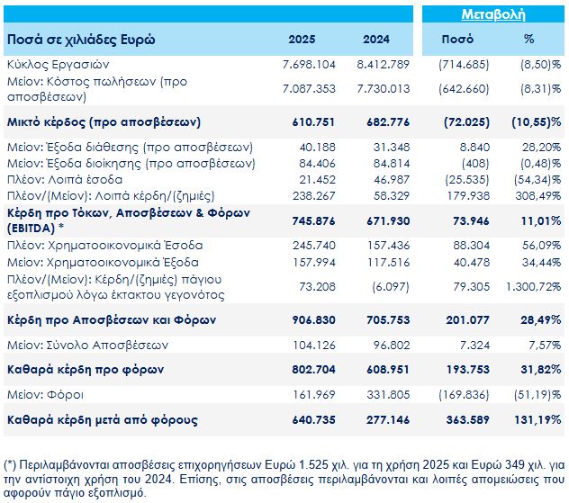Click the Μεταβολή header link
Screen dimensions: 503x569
click(x=492, y=14)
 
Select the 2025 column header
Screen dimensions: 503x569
click(x=302, y=40)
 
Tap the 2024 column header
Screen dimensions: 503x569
click(x=376, y=40)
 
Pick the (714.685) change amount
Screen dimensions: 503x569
click(x=462, y=66)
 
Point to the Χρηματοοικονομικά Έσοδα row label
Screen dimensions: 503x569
click(x=104, y=245)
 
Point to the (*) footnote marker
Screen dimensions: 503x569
click(x=12, y=463)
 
